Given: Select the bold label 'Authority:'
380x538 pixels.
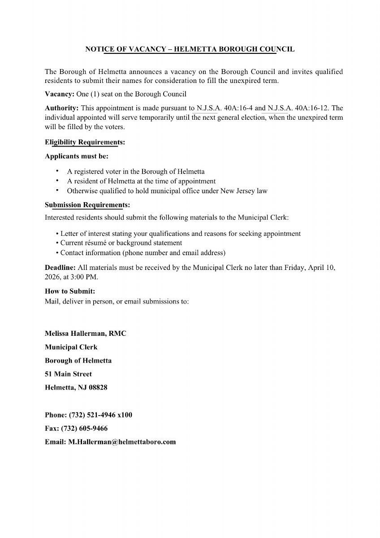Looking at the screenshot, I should click(x=62, y=108).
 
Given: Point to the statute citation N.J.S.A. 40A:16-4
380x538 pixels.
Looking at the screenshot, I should click(x=225, y=108).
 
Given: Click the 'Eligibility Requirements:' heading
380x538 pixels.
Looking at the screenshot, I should click(x=85, y=142).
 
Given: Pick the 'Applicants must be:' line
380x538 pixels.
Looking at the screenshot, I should click(x=77, y=156).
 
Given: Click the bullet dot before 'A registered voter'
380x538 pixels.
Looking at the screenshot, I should click(x=57, y=171).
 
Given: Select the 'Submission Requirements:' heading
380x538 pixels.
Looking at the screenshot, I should click(x=87, y=205).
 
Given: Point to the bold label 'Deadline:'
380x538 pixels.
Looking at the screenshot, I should click(x=60, y=268).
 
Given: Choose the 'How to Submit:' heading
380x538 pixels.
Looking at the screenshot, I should click(x=70, y=291).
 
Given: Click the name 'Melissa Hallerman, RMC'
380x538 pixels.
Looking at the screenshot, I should click(x=86, y=334).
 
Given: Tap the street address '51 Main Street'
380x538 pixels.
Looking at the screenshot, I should click(x=68, y=374).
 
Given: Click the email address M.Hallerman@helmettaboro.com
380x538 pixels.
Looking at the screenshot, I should click(x=122, y=442).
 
